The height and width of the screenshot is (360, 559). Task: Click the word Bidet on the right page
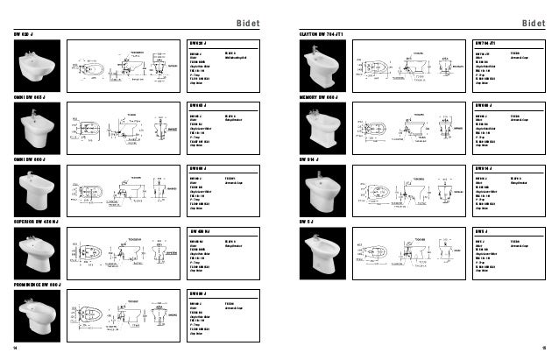(533, 22)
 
